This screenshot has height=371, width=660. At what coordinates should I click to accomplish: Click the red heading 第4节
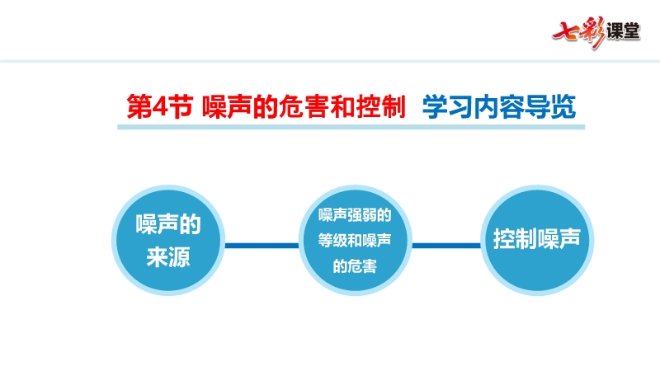(159, 106)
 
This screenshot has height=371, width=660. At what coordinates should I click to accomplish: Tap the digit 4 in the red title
(159, 107)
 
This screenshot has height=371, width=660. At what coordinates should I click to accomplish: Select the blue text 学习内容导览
(499, 106)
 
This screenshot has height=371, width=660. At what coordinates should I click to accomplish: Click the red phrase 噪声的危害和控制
(304, 106)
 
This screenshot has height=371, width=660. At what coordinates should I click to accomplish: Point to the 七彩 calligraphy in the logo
(579, 32)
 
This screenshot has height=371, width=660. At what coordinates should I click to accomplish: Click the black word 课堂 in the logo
(624, 31)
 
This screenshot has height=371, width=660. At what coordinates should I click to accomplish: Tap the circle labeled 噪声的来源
(168, 240)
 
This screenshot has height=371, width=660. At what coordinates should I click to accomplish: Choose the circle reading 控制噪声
(537, 240)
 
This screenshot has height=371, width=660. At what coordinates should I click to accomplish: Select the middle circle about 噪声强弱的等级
(355, 240)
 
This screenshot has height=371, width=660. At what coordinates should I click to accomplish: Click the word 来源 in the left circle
(168, 256)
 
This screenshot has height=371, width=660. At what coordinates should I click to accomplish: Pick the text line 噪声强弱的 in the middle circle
(355, 215)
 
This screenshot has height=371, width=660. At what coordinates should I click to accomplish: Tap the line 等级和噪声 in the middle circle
(355, 240)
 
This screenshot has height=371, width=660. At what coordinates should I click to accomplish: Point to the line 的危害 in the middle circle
(355, 265)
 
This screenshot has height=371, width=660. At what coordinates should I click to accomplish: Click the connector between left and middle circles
(262, 245)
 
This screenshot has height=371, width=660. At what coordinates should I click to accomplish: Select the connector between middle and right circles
(446, 245)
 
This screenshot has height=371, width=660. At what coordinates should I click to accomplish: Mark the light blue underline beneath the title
(351, 127)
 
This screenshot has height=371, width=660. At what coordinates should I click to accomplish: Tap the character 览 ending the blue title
(563, 106)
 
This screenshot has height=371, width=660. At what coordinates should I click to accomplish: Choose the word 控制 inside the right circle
(515, 238)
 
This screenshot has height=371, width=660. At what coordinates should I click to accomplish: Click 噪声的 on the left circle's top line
(168, 223)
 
